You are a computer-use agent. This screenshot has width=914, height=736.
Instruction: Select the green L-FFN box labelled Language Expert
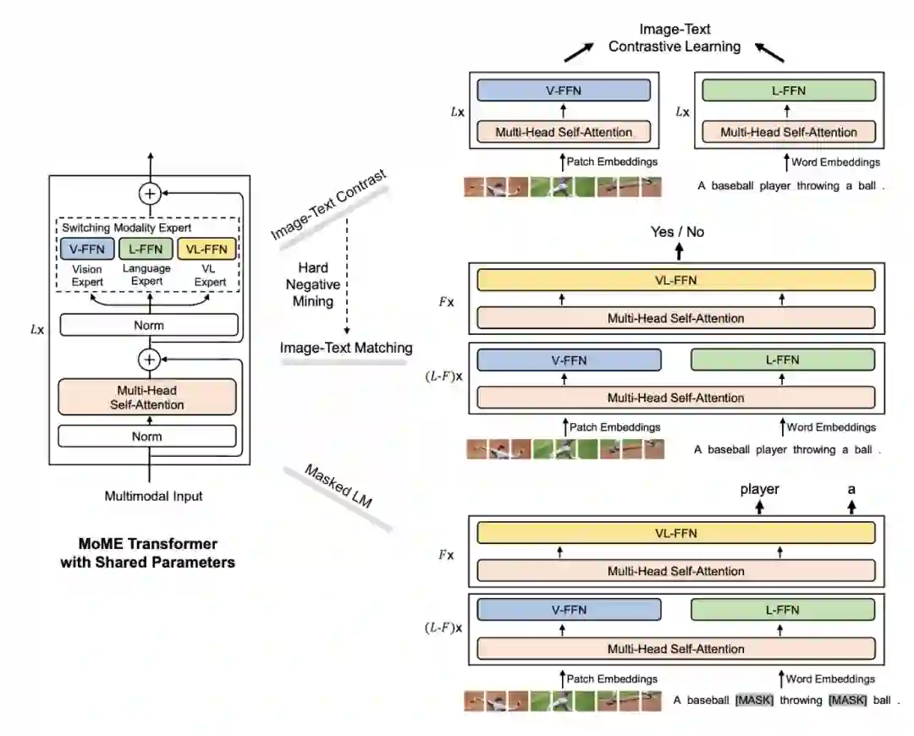146,249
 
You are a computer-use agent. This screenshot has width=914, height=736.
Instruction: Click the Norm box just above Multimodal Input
146,437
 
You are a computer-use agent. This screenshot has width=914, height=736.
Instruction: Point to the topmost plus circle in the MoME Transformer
150,194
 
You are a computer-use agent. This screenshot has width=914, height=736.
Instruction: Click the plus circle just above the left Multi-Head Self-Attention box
150,360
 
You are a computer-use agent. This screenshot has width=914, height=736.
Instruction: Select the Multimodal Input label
153,496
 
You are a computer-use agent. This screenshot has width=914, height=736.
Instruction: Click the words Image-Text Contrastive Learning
674,38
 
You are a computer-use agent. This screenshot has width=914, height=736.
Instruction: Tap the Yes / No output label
677,232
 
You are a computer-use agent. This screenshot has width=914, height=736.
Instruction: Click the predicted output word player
759,489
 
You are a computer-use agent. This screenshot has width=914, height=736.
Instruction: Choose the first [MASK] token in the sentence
755,700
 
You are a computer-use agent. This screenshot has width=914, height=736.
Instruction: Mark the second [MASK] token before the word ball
847,700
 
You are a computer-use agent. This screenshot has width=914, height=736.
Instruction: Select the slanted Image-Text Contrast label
328,204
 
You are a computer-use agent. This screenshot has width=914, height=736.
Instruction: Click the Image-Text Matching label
347,348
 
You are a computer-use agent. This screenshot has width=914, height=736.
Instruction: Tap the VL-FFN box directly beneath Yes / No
675,280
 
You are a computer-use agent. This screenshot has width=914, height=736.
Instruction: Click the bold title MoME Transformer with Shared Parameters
148,552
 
